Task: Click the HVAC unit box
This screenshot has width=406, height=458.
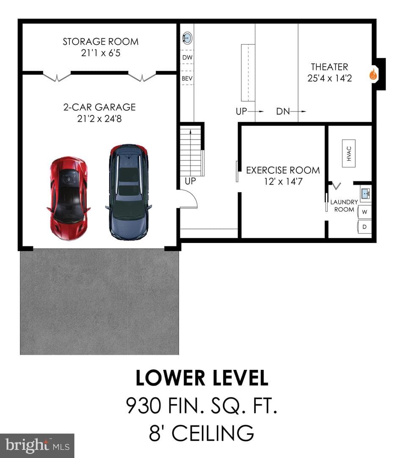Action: click(x=348, y=154)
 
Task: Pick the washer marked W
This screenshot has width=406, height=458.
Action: click(x=365, y=212)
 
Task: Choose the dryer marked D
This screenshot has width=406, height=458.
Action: click(x=365, y=226)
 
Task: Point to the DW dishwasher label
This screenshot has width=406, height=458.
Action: click(x=187, y=58)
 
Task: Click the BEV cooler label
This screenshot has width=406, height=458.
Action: click(x=187, y=78)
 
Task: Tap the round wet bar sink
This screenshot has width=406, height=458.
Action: click(x=187, y=38)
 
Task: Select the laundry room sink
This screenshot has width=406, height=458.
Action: click(x=366, y=193)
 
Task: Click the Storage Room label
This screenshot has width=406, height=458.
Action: click(x=101, y=42)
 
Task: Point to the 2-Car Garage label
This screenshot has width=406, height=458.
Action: click(x=99, y=107)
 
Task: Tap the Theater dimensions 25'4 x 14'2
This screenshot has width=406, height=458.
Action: click(x=329, y=78)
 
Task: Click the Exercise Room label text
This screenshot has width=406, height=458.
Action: click(x=283, y=170)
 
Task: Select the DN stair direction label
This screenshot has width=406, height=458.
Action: click(x=283, y=111)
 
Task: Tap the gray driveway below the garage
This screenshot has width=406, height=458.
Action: click(x=99, y=302)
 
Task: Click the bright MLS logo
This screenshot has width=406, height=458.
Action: click(x=37, y=446)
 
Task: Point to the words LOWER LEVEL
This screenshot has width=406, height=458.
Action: click(x=202, y=378)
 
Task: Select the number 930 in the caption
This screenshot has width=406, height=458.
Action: click(x=144, y=405)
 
